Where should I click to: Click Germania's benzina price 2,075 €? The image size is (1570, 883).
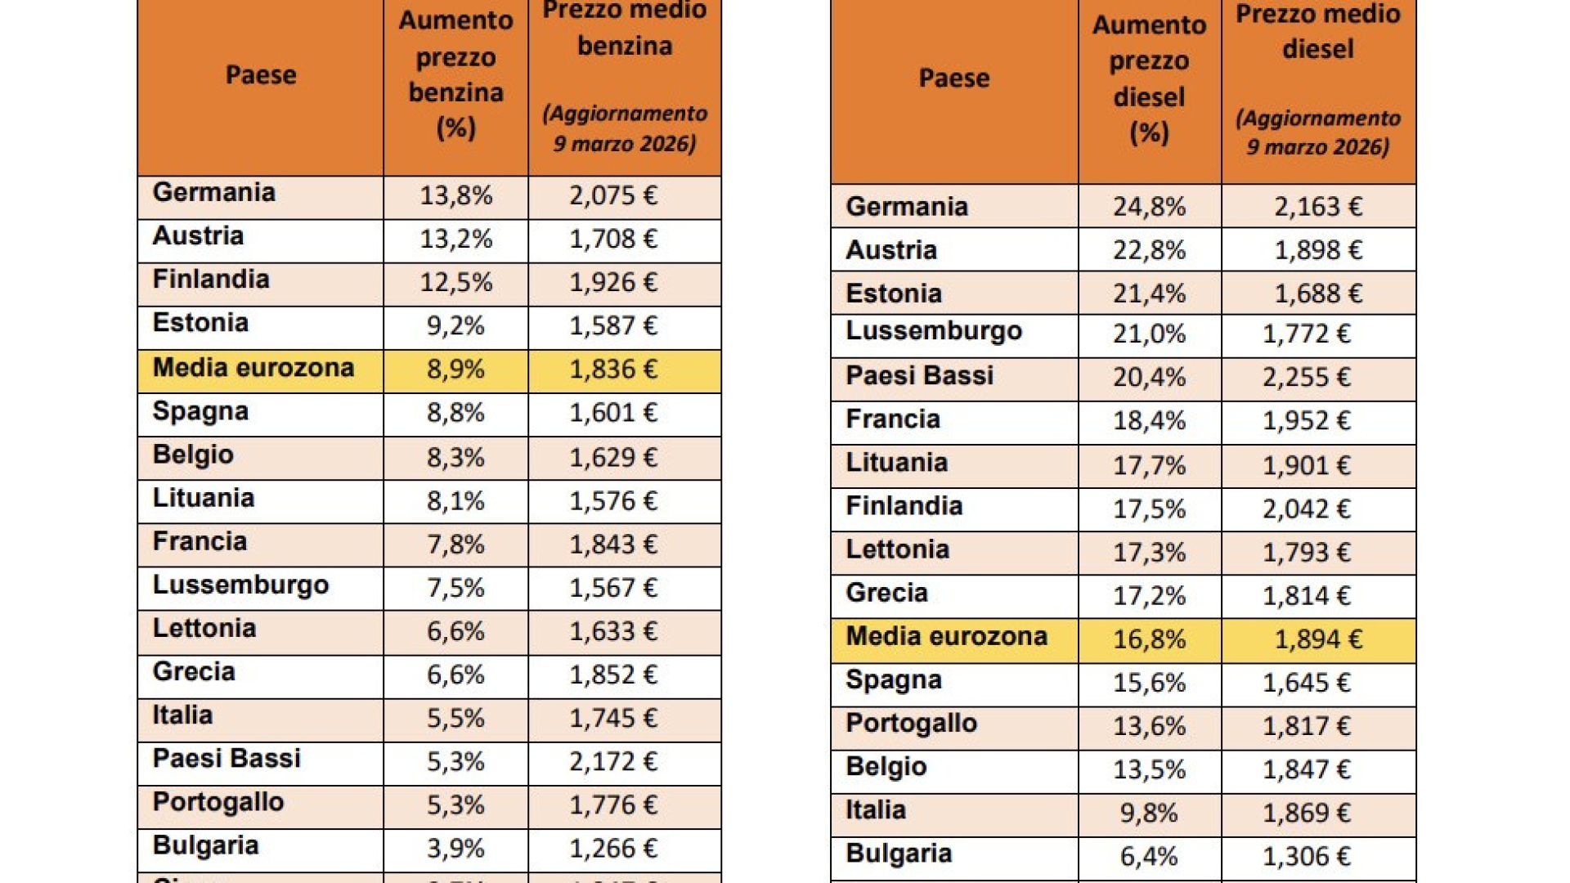(613, 196)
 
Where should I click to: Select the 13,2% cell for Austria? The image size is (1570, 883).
(455, 240)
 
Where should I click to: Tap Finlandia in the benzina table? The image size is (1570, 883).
(211, 280)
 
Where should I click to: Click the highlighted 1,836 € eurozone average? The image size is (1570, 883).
(613, 370)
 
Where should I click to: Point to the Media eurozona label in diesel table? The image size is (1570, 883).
(946, 637)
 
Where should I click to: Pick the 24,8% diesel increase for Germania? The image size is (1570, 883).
(1149, 207)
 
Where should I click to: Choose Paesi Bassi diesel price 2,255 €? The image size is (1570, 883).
(1307, 378)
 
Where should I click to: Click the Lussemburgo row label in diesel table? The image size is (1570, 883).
(934, 331)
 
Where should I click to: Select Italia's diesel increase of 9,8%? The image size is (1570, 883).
(1149, 814)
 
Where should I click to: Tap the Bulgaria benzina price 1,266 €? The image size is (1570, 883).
(613, 849)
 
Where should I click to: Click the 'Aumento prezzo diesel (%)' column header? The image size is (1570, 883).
(1149, 78)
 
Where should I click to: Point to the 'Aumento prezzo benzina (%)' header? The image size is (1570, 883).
(455, 74)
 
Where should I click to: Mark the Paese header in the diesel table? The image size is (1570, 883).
(954, 78)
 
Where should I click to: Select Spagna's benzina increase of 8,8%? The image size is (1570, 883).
(455, 413)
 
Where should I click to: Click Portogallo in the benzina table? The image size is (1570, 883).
(218, 802)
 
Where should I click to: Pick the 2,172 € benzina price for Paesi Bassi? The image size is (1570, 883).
(613, 762)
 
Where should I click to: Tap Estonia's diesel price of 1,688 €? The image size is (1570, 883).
(1318, 294)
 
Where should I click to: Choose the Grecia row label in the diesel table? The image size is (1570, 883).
(886, 593)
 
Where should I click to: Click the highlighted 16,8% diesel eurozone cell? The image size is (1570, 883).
(1149, 639)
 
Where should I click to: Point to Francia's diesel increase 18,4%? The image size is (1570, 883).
(1149, 421)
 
